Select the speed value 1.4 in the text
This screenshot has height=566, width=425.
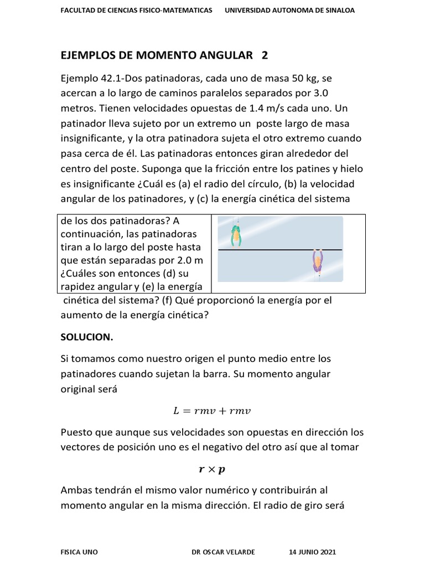coord(257,108)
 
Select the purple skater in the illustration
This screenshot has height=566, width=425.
coord(317,261)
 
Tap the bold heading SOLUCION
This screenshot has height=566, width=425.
coord(86,337)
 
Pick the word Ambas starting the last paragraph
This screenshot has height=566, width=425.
coord(77,490)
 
